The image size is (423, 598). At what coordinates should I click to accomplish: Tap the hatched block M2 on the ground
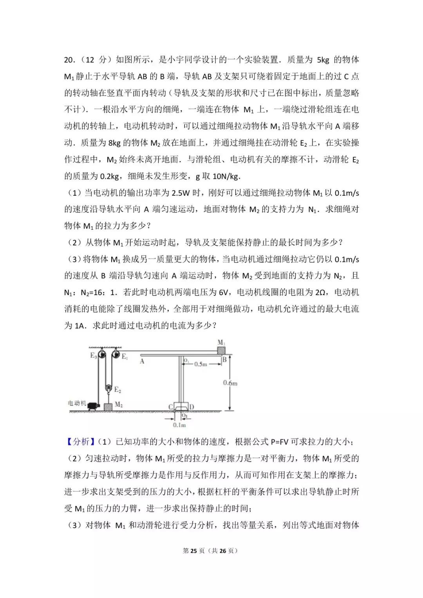coord(108,406)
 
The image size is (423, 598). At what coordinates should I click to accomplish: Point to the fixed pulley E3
coord(101,355)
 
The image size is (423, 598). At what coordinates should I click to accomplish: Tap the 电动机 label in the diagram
coord(77,403)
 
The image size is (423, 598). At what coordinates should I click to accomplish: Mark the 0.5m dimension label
coord(201,364)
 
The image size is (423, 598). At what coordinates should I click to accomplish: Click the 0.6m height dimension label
coord(230,383)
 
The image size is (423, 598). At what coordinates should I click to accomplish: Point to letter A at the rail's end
coord(142,361)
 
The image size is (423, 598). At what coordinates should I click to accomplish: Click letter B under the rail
coord(224,359)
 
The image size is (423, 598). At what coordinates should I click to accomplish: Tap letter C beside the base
coord(171,407)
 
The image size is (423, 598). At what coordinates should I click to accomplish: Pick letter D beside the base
coord(192,407)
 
